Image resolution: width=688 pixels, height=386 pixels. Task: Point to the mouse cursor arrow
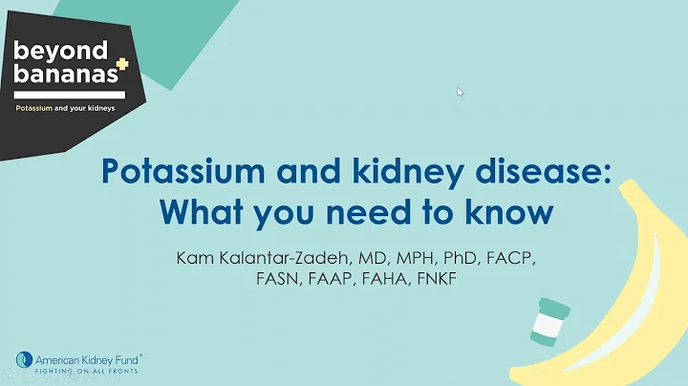[460, 93]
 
